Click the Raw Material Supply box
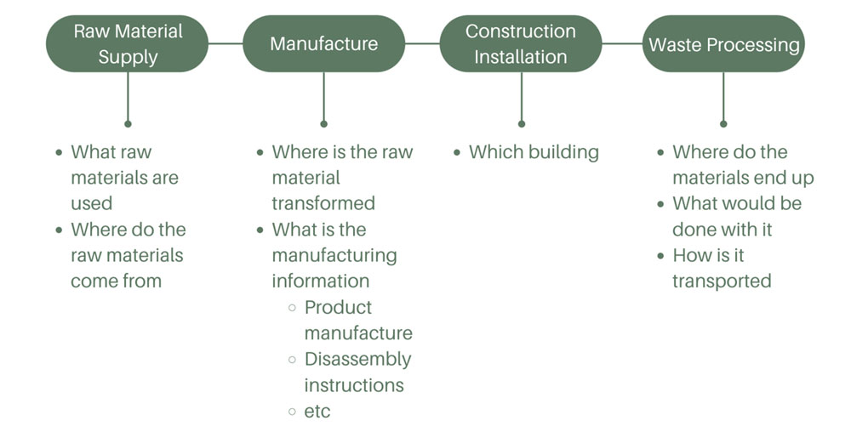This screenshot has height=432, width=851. click(x=128, y=43)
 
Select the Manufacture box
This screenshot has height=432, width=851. click(x=323, y=43)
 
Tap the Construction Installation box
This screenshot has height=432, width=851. click(x=521, y=43)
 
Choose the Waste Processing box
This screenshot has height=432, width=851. click(x=723, y=43)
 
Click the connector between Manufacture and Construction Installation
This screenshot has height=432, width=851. click(x=422, y=43)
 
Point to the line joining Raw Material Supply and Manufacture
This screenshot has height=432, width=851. click(x=226, y=43)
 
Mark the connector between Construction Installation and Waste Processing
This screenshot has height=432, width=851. click(x=623, y=43)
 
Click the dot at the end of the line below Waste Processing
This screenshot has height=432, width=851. click(x=723, y=123)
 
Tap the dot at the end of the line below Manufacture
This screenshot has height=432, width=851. click(x=323, y=123)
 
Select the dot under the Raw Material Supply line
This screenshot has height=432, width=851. click(x=128, y=123)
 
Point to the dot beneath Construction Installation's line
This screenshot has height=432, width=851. click(x=521, y=123)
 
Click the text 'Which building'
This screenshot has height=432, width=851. click(x=534, y=152)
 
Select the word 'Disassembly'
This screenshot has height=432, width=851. click(x=357, y=359)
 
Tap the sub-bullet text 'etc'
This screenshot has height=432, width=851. click(x=317, y=412)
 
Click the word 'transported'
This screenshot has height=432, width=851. click(x=722, y=281)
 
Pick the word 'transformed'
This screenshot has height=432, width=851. click(x=323, y=203)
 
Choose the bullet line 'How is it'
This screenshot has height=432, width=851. click(x=708, y=255)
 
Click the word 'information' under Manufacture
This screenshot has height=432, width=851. click(x=320, y=281)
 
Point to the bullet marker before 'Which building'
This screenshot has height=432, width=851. click(x=458, y=153)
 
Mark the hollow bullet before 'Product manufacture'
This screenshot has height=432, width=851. click(x=293, y=308)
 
